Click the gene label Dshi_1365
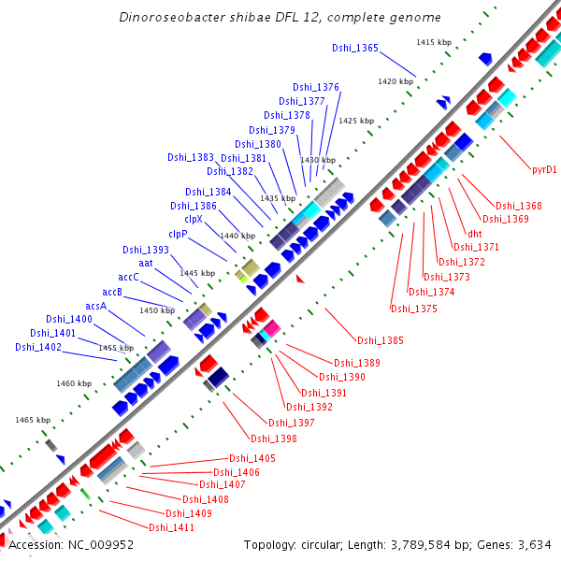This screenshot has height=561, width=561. (x=355, y=48)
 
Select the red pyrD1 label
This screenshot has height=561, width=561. (x=544, y=169)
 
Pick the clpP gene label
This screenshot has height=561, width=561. (x=179, y=234)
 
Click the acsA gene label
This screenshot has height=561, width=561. (x=96, y=306)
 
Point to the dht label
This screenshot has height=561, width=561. (x=475, y=234)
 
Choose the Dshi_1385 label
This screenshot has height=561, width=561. (x=381, y=340)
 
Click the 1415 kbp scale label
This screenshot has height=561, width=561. (x=434, y=42)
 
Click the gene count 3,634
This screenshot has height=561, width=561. (x=536, y=544)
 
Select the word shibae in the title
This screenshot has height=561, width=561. (x=240, y=18)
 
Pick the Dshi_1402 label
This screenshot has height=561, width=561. (x=38, y=347)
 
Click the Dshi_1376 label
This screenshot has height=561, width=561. (x=316, y=87)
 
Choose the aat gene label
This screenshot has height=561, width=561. (x=147, y=264)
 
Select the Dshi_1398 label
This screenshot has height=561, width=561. (x=274, y=438)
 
